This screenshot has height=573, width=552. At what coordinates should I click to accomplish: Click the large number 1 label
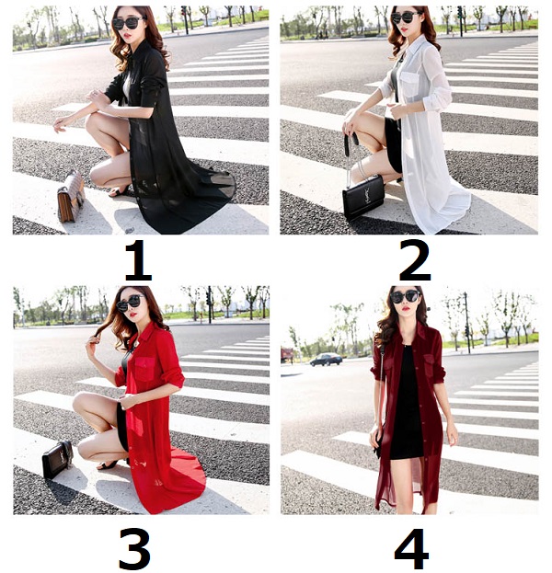pos(138,260)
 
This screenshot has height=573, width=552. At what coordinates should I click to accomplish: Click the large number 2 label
pos(415,260)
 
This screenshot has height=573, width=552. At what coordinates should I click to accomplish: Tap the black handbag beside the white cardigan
pos(363,198)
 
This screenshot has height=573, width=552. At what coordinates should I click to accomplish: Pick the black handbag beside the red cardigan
pos(57,459)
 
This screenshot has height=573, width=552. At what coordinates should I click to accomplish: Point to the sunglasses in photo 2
pos(405,17)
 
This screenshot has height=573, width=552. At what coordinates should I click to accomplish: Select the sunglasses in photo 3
pos(131,302)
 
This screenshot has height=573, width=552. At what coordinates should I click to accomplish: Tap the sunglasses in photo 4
pos(405,296)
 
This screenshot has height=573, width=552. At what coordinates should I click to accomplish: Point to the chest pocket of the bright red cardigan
pos(145,368)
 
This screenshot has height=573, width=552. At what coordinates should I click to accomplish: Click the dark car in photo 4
pos(326,360)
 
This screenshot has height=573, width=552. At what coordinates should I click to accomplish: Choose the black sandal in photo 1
pos(120,191)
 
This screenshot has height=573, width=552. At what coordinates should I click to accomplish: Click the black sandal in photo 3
pos(107,464)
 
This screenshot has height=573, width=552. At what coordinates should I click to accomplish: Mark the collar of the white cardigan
pos(414,47)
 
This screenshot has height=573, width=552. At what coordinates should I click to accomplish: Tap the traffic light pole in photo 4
pos(466,323)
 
